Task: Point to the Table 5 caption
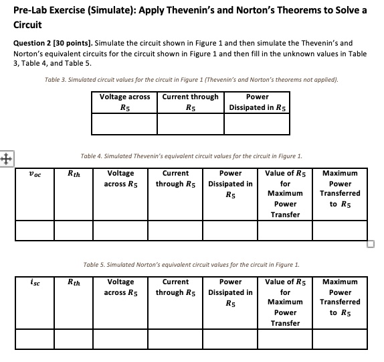191,264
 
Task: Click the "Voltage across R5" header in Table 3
124,102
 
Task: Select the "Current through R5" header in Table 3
191,102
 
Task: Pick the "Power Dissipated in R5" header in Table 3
258,102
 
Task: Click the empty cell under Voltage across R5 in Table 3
124,125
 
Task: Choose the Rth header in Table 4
74,174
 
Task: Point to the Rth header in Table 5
74,282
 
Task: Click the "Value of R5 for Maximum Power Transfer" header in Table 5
285,302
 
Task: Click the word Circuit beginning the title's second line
24,25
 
